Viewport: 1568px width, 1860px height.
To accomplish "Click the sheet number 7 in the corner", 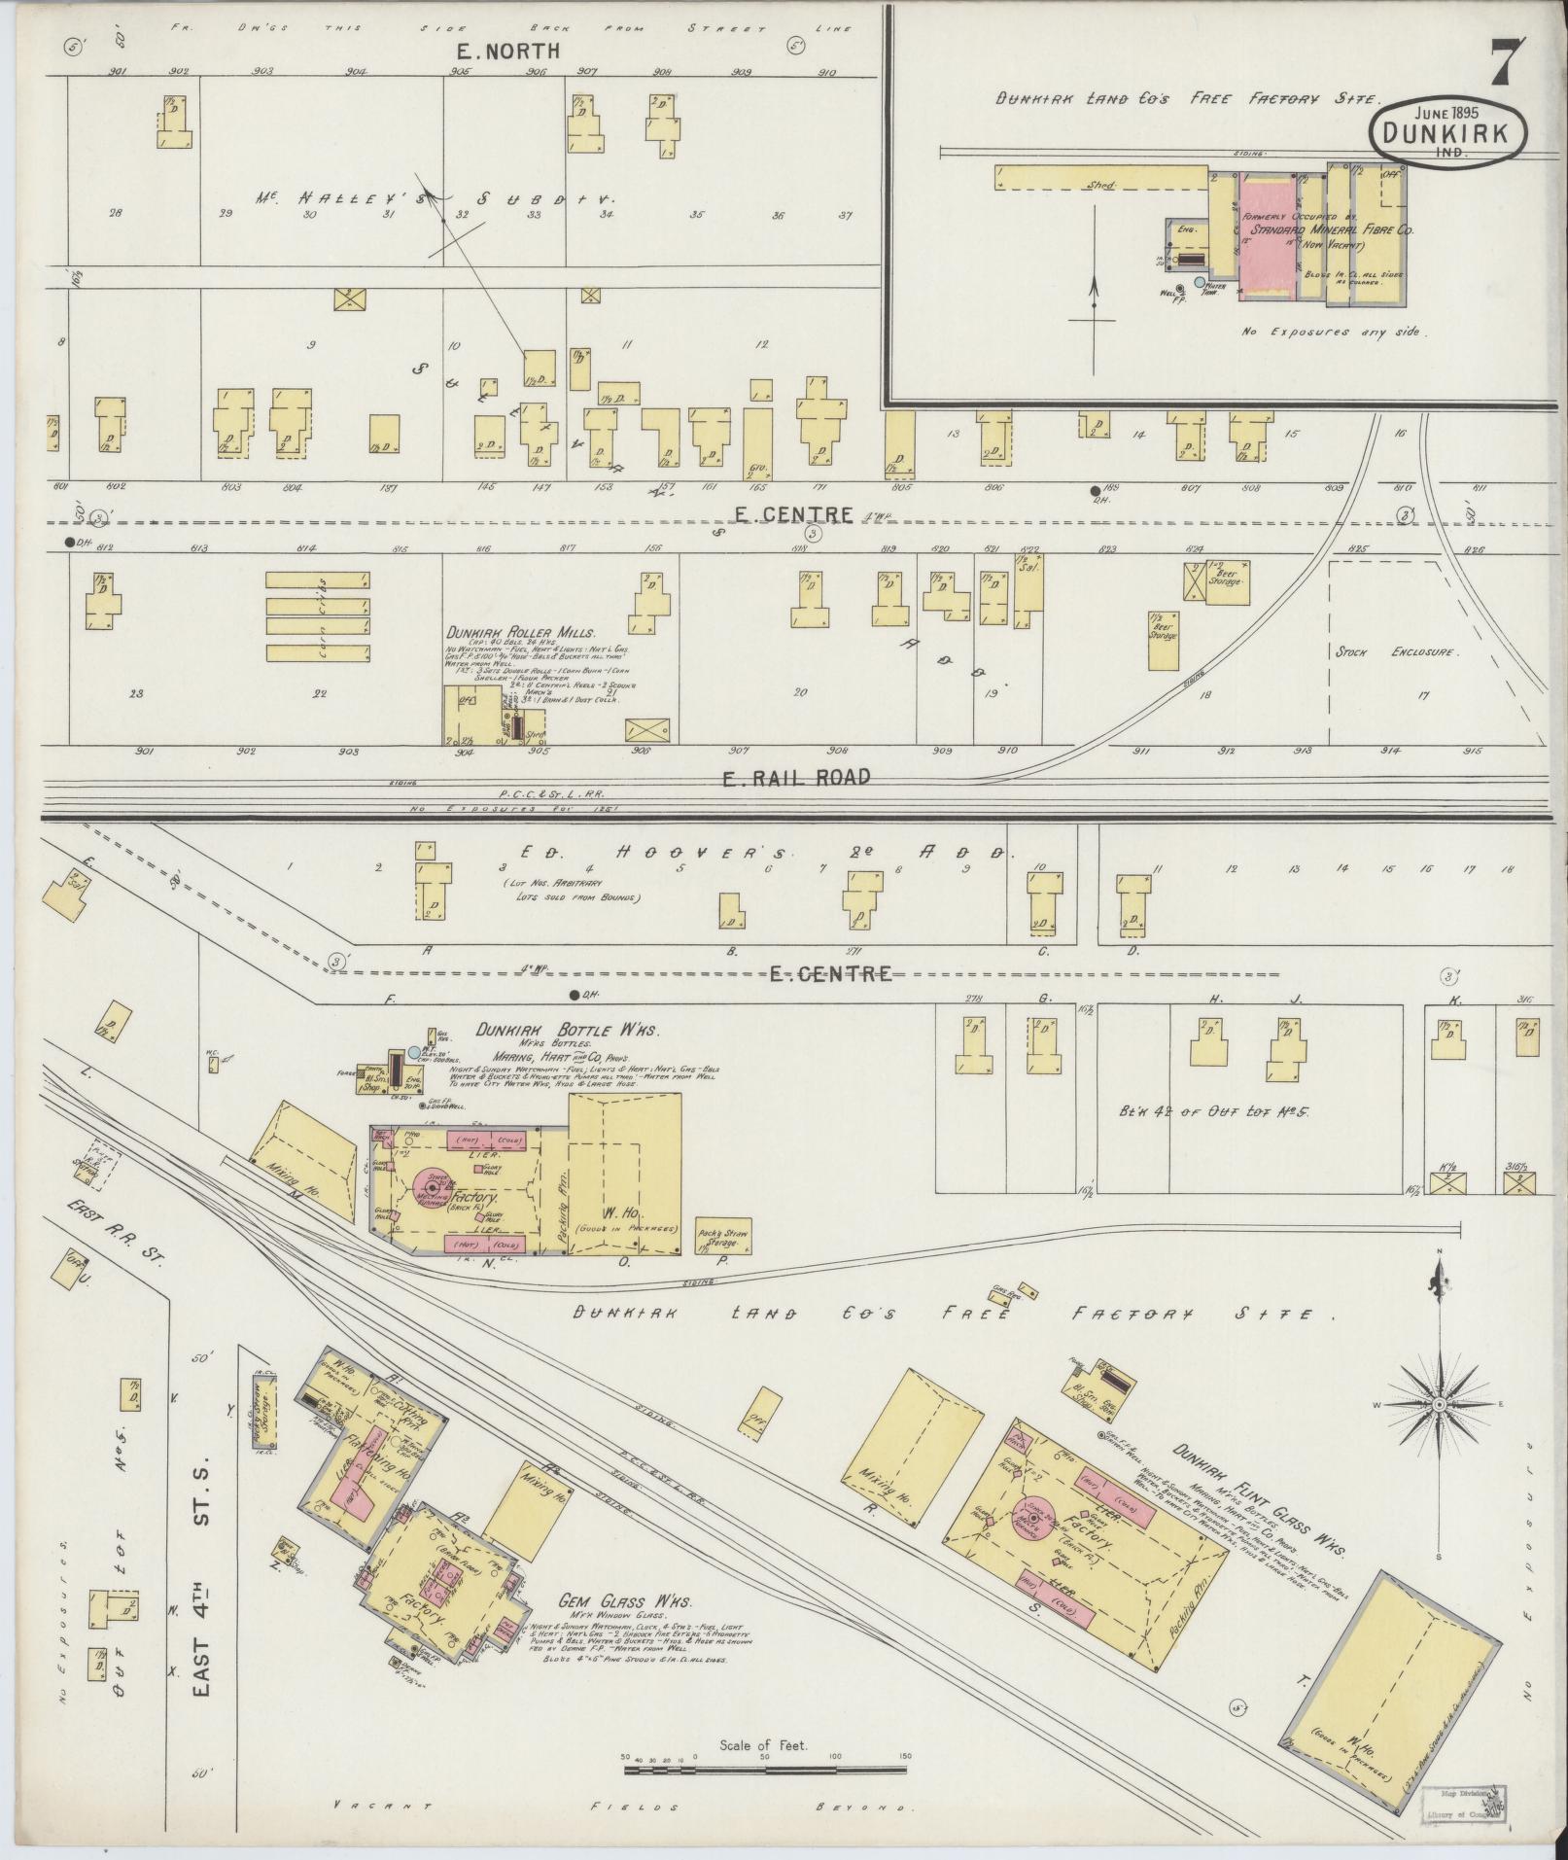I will tap(1502, 63).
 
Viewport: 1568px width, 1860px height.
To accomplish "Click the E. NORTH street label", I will tap(509, 52).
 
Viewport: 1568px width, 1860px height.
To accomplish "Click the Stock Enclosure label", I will tap(1396, 652).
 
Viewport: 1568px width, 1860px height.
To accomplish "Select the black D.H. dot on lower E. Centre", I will tap(575, 994).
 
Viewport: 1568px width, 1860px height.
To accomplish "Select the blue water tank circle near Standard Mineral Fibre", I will tap(1201, 282).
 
